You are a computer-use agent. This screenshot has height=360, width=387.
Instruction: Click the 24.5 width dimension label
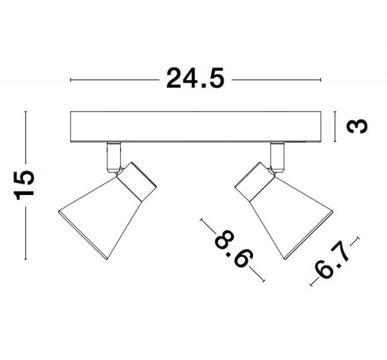(195, 78)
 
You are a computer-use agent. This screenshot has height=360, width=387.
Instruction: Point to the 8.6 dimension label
(233, 250)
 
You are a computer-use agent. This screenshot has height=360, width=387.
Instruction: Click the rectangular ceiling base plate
(195, 127)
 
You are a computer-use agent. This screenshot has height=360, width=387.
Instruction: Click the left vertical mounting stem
(114, 157)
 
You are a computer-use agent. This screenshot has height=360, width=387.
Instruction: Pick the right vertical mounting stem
(277, 157)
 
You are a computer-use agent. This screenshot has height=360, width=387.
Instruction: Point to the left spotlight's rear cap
(137, 181)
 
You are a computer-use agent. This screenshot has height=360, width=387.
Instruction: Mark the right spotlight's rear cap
(255, 181)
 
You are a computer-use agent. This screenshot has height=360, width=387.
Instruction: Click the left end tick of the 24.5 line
(71, 80)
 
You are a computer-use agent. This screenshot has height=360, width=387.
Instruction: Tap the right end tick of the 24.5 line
(321, 80)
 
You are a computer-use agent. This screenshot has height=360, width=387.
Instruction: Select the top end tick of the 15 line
(25, 112)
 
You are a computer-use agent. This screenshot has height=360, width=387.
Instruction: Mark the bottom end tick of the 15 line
(25, 259)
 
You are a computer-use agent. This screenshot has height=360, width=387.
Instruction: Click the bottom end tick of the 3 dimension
(335, 141)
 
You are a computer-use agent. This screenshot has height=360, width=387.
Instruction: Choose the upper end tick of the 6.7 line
(358, 238)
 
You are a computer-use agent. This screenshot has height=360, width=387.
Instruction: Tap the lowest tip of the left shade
(106, 259)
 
